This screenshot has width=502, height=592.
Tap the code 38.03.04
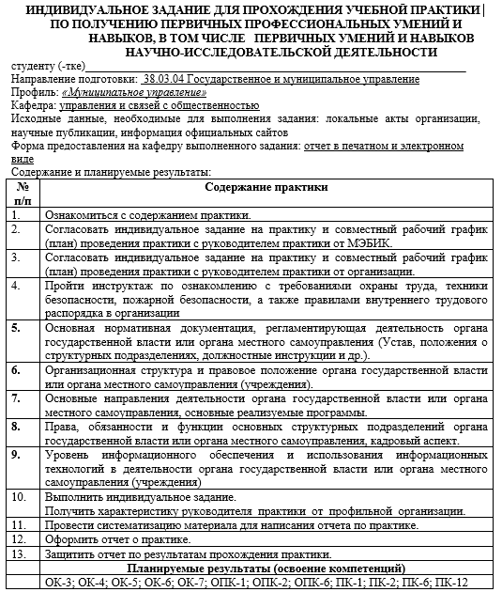[164, 82]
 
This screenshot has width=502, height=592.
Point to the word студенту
[33, 69]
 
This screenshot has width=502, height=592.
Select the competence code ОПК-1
[227, 583]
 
